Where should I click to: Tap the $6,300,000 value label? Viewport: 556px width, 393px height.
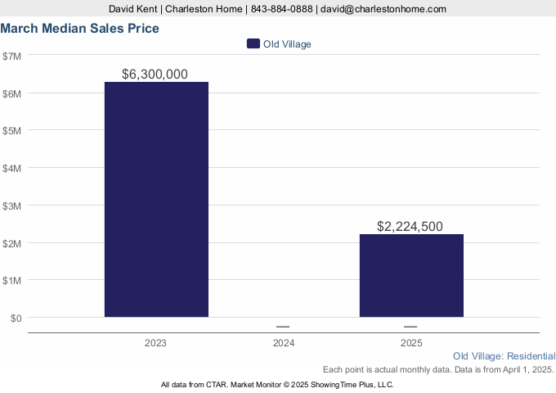click(x=155, y=75)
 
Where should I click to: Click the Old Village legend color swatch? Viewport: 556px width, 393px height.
click(x=253, y=44)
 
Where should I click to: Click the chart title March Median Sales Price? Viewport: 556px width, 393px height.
click(x=80, y=29)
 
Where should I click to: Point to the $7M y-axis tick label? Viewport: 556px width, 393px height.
click(x=12, y=56)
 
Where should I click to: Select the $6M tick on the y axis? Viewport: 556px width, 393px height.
click(x=12, y=93)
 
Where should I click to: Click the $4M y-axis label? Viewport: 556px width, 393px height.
click(x=12, y=168)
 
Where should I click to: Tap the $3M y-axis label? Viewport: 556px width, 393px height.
click(x=12, y=206)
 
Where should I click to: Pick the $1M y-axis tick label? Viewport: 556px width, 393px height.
click(x=12, y=280)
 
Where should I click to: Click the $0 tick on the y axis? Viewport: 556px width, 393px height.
click(x=15, y=318)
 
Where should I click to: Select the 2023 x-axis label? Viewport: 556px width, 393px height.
click(x=155, y=343)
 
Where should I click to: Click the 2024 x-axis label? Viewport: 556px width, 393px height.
click(x=283, y=343)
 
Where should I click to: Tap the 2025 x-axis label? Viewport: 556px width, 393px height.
click(x=411, y=343)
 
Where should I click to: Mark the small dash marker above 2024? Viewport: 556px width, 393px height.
click(x=283, y=327)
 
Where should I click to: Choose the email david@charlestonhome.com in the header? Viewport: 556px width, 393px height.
click(x=383, y=9)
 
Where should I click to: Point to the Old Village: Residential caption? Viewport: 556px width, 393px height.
click(x=504, y=356)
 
